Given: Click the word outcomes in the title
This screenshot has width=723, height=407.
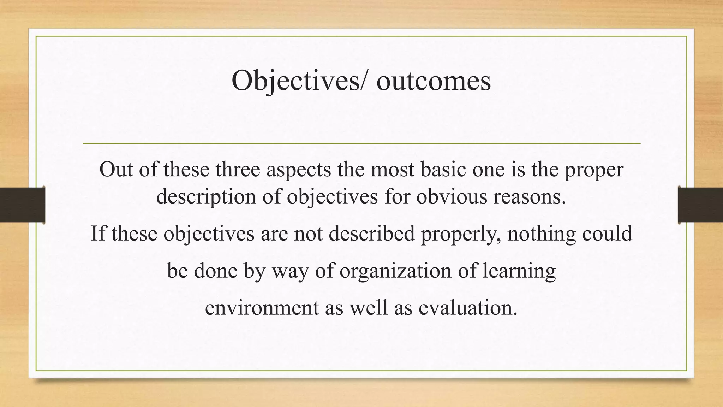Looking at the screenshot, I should click(x=434, y=81).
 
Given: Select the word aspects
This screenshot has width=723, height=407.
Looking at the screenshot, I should click(x=298, y=170).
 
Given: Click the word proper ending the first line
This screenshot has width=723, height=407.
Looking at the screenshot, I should click(x=594, y=170).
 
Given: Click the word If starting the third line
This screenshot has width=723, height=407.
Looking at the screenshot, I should click(x=98, y=233).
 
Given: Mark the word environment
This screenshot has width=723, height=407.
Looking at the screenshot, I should click(x=262, y=307).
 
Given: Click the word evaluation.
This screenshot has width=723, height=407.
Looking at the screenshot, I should click(x=468, y=307).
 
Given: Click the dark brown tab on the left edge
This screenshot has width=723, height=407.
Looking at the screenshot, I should click(x=22, y=205).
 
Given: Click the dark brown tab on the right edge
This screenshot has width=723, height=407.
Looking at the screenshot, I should click(x=700, y=205).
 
